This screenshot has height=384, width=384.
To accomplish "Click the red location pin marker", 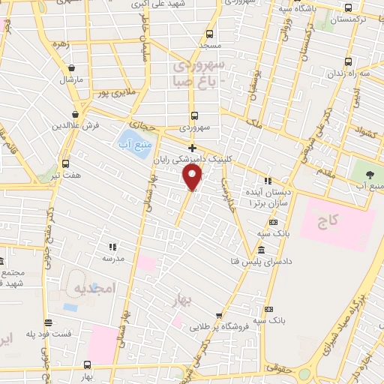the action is point(193,177).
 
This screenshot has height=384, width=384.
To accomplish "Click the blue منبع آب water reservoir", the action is point(130,139).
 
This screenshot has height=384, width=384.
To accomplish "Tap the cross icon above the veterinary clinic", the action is point(193,148).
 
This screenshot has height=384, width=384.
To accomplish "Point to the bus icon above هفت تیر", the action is point(65,163).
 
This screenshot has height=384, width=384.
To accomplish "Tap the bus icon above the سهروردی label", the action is point(195,115).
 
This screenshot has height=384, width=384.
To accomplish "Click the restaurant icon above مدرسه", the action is point(112,246).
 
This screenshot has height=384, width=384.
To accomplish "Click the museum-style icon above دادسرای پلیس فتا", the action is point(260,250).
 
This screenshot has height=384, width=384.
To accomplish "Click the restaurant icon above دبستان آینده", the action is point(268,181).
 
